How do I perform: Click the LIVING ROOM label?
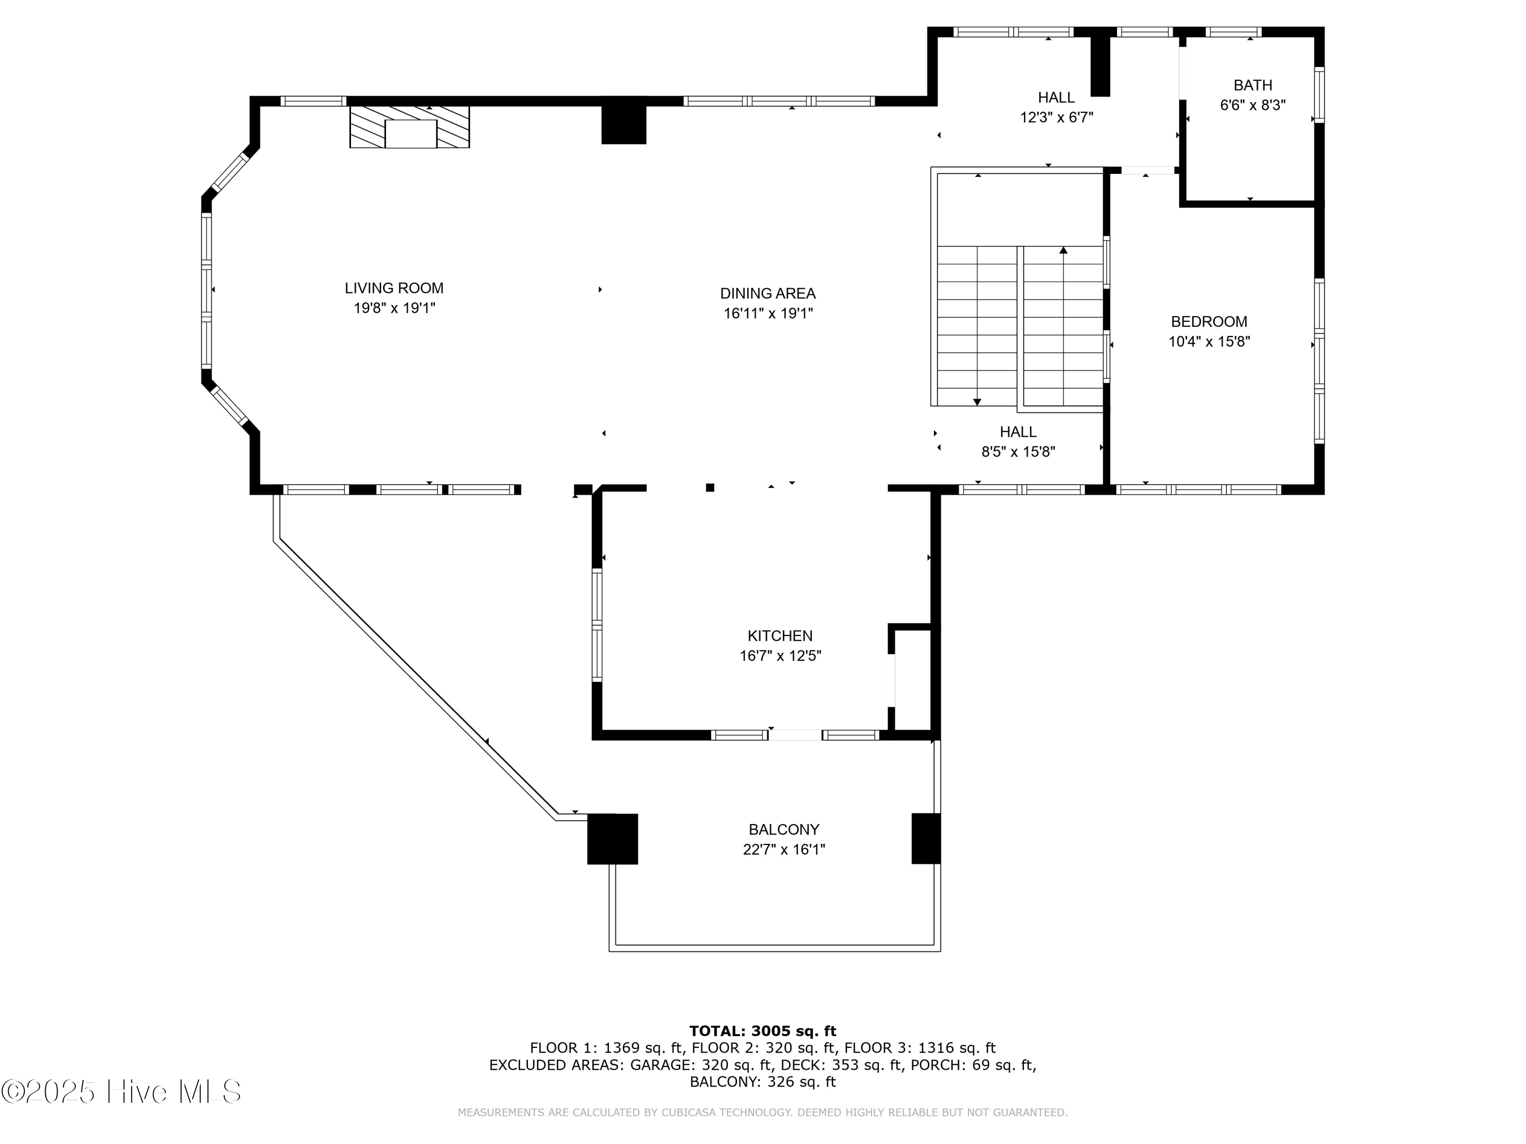(x=394, y=288)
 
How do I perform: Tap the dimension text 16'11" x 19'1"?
(x=768, y=314)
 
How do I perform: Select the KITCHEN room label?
(x=780, y=636)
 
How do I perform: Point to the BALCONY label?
(x=784, y=830)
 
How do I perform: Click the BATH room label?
(x=1252, y=85)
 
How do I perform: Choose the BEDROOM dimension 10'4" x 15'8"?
(x=1209, y=341)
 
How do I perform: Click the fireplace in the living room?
(x=410, y=127)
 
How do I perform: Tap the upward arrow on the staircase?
(x=1063, y=251)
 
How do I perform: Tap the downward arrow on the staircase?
(x=977, y=401)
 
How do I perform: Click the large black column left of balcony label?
(x=612, y=838)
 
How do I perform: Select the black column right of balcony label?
(x=926, y=838)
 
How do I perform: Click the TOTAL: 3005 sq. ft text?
(x=762, y=1031)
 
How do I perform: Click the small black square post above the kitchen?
(x=710, y=488)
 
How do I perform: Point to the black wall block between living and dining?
(x=624, y=125)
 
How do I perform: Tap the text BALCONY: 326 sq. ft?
(x=762, y=1081)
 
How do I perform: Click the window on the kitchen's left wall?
(x=597, y=625)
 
